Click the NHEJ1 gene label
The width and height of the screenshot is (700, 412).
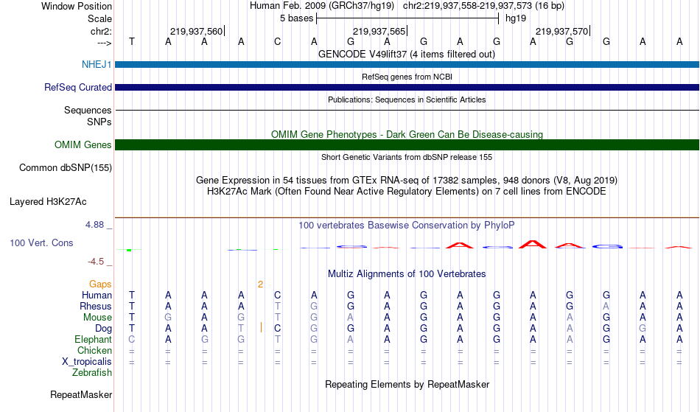click(x=97, y=65)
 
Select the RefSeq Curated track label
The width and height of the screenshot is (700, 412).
click(x=77, y=88)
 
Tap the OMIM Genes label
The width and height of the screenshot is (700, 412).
click(x=83, y=145)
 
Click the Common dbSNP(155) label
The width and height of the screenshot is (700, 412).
click(x=65, y=168)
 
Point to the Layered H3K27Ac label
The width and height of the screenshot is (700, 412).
click(x=48, y=202)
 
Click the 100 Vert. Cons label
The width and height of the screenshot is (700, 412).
click(x=41, y=242)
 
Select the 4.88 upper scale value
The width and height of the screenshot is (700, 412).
click(x=94, y=225)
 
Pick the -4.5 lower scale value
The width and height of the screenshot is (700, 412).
click(x=96, y=262)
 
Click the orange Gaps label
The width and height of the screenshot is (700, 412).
click(x=100, y=284)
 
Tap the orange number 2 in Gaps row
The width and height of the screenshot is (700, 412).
click(x=260, y=284)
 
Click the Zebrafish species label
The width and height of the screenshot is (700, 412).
click(x=92, y=373)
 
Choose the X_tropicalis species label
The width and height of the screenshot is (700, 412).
click(x=87, y=362)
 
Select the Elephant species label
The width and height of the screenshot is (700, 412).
click(x=93, y=340)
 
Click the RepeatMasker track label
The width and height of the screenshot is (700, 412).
click(x=81, y=395)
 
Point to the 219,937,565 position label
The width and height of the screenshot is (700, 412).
click(x=379, y=32)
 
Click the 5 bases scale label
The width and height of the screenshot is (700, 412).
click(x=296, y=18)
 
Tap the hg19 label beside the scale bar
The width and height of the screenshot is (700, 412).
click(x=516, y=18)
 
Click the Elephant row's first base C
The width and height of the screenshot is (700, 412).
click(x=132, y=340)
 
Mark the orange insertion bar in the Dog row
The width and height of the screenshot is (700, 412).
click(x=261, y=328)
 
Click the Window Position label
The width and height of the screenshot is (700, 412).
click(x=77, y=6)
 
